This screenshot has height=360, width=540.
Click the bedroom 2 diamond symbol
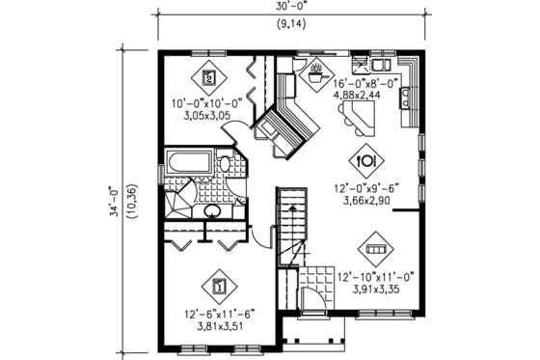(211, 76)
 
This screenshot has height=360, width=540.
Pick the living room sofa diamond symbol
(376, 249)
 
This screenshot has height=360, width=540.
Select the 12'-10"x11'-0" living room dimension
(375, 277)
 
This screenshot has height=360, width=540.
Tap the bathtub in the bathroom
(189, 164)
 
